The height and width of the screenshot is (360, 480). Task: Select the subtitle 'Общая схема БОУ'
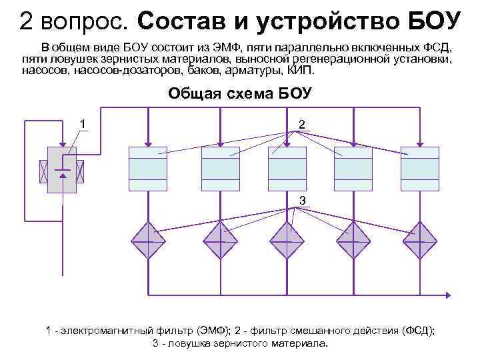(239, 93)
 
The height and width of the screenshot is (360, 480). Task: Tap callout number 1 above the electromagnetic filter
(83, 123)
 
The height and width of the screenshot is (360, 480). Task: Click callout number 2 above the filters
(302, 125)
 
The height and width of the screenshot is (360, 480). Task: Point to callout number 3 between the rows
(302, 200)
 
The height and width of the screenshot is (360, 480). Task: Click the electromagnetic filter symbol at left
(62, 168)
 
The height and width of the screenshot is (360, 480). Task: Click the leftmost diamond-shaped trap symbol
(147, 240)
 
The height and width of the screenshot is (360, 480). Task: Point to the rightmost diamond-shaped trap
(419, 240)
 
